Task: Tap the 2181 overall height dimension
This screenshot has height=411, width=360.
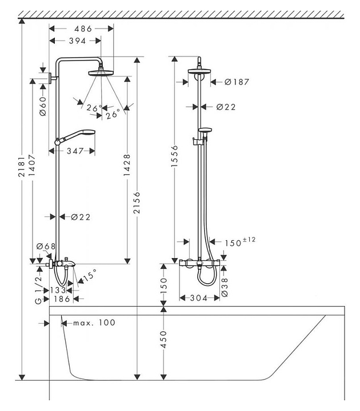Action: [21, 170]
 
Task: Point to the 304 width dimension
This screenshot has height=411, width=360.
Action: [198, 298]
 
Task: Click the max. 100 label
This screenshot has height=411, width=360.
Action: [94, 323]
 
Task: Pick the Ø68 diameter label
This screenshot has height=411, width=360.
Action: [46, 247]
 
